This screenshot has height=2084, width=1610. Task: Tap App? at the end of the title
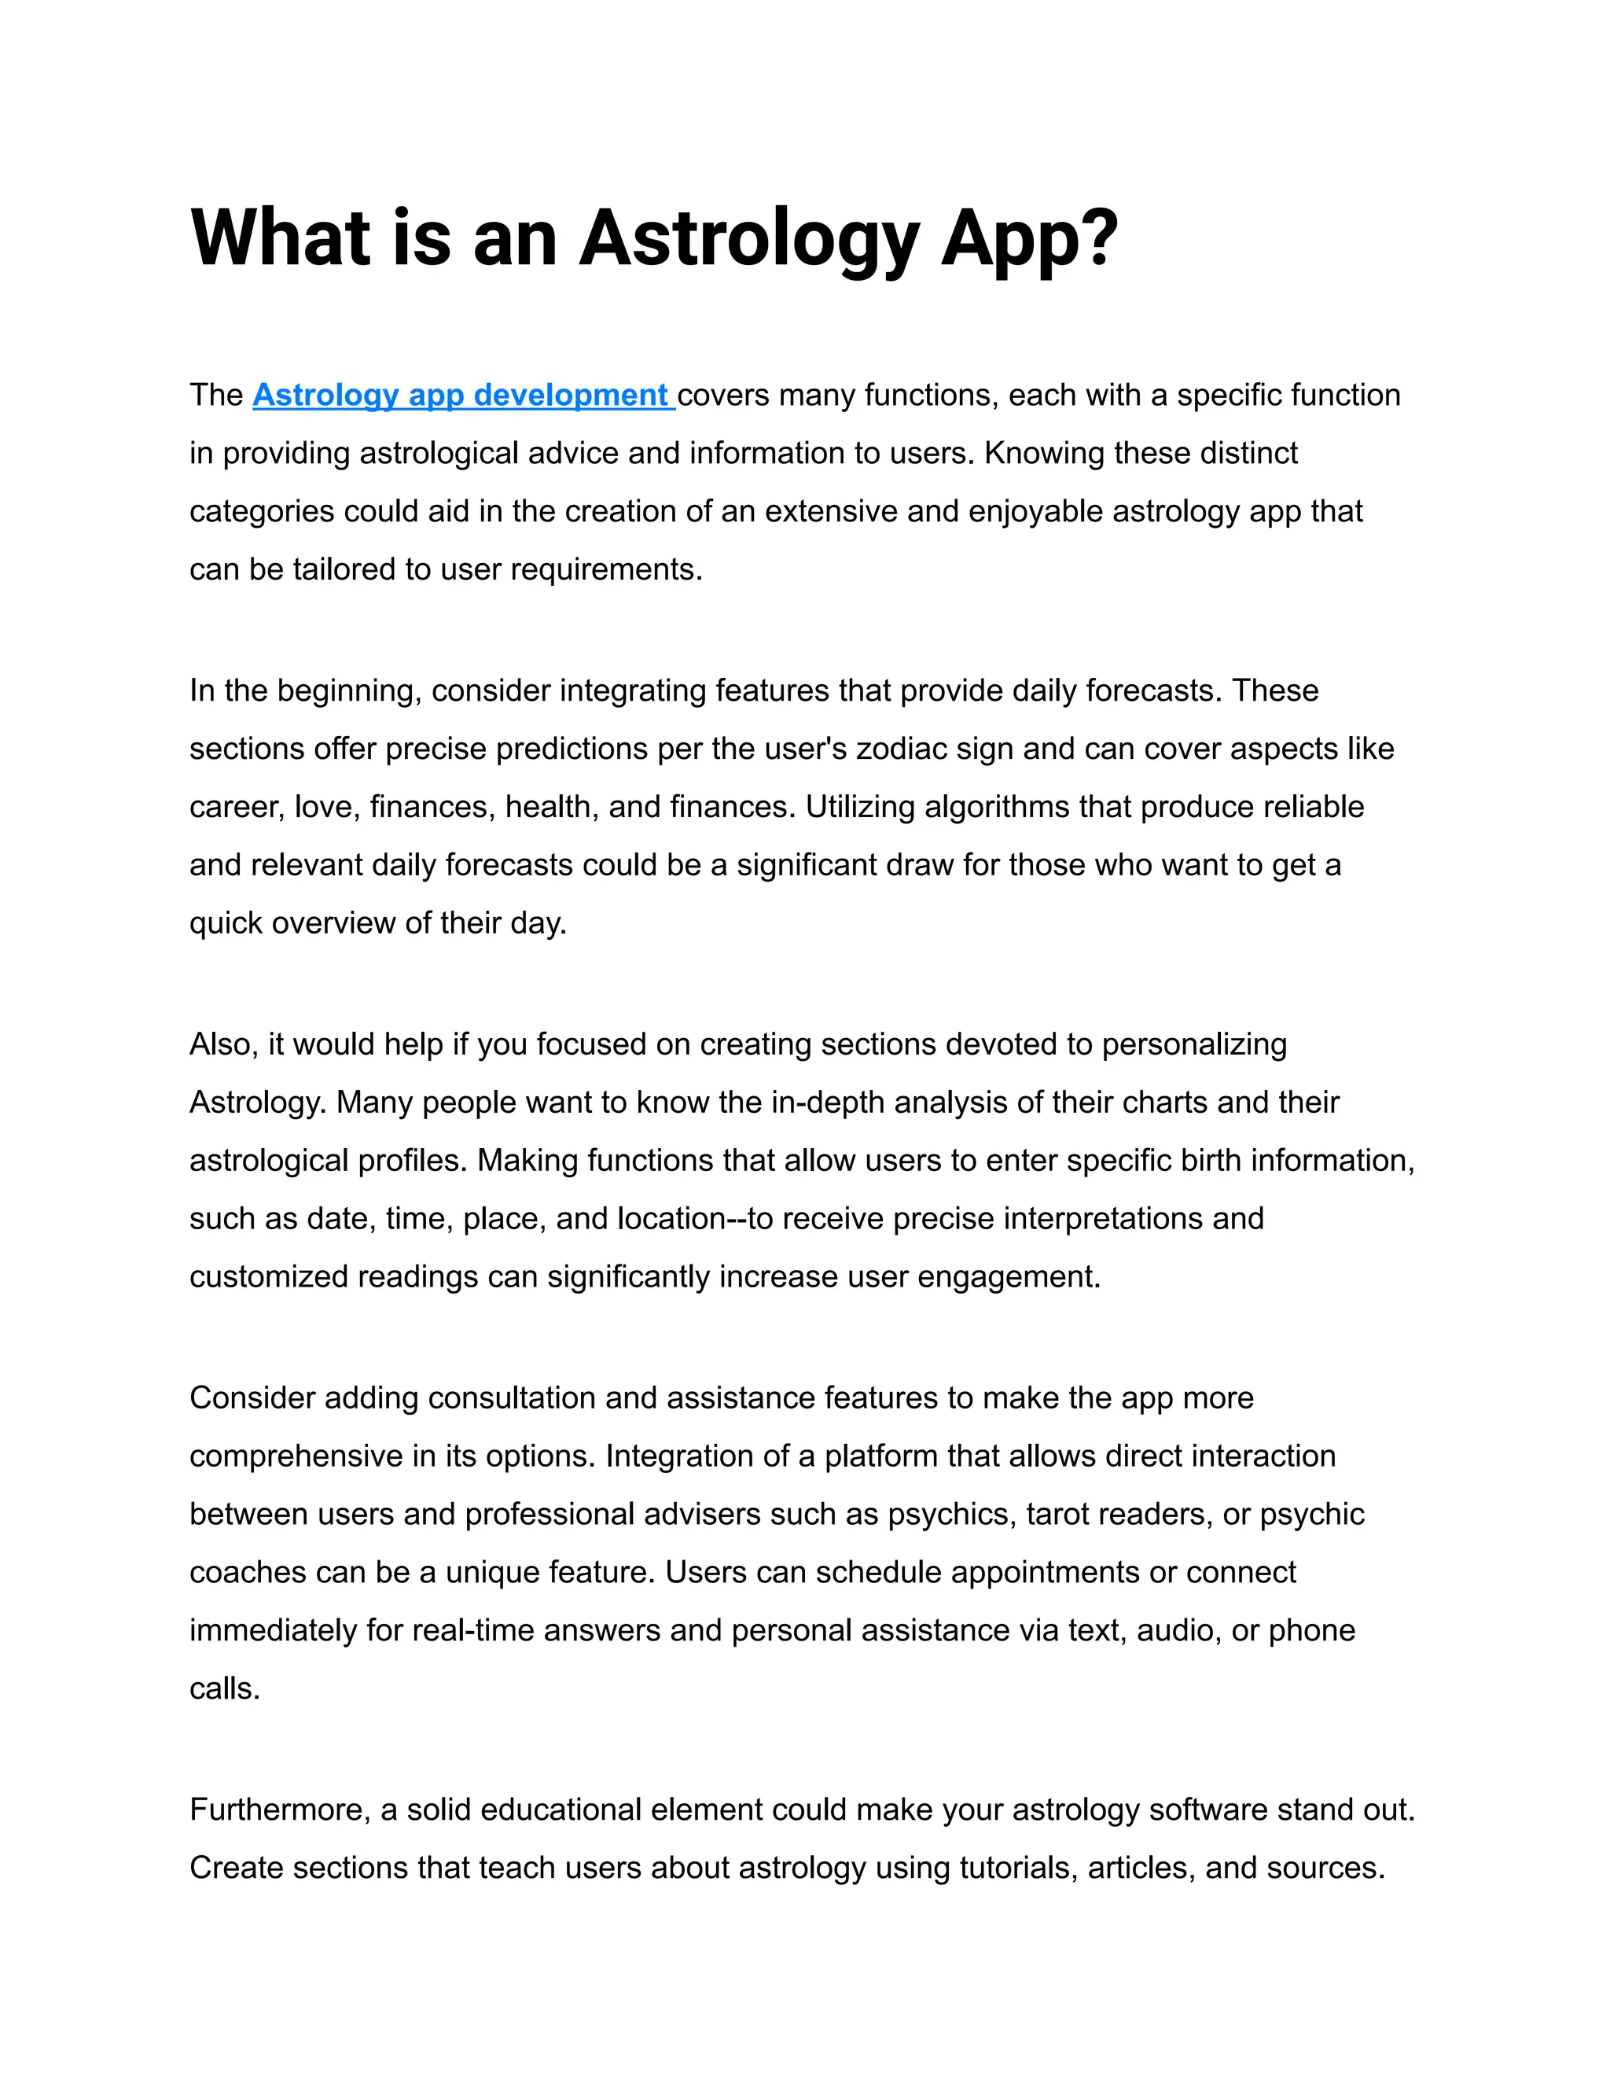click(1029, 237)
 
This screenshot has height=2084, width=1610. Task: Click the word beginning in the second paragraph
click(349, 690)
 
